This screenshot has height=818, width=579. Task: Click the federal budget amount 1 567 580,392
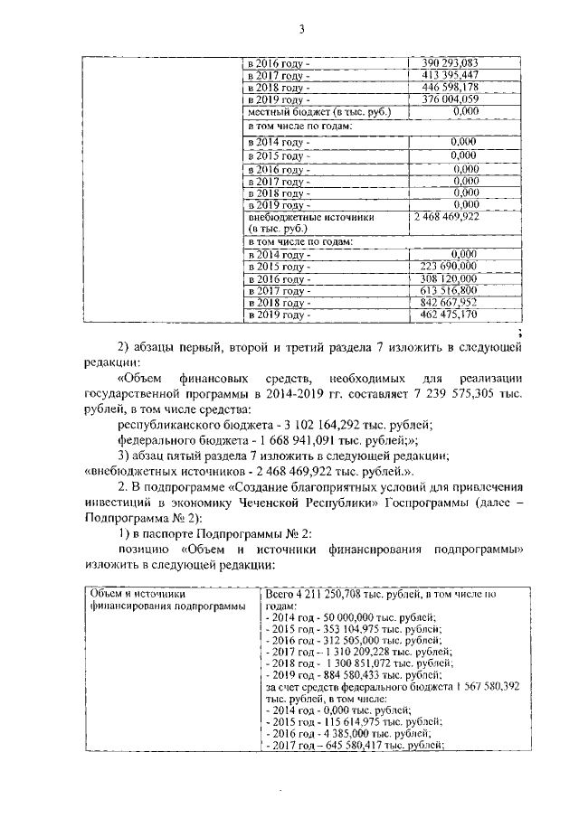pos(477,686)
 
